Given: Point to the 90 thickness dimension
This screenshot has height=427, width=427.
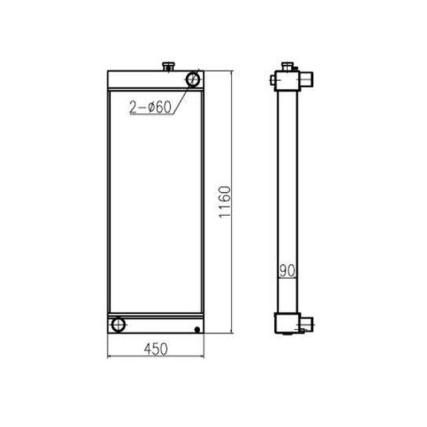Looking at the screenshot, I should tap(287, 271).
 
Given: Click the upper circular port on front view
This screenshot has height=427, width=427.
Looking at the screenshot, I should tap(194, 79).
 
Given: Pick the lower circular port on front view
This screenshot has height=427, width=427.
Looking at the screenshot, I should tap(119, 324).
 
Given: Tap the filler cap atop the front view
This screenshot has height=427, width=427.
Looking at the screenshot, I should tap(168, 65).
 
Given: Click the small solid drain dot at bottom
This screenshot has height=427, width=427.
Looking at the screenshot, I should tap(197, 329).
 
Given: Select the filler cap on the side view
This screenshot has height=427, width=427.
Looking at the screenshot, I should tap(288, 65).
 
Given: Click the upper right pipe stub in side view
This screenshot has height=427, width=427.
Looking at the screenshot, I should tap(308, 81).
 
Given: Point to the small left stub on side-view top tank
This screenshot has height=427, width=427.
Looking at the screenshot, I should tap(274, 81).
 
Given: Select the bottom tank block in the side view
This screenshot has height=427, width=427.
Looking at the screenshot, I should tap(288, 323).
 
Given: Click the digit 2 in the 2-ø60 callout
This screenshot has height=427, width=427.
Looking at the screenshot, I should tap(133, 107).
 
